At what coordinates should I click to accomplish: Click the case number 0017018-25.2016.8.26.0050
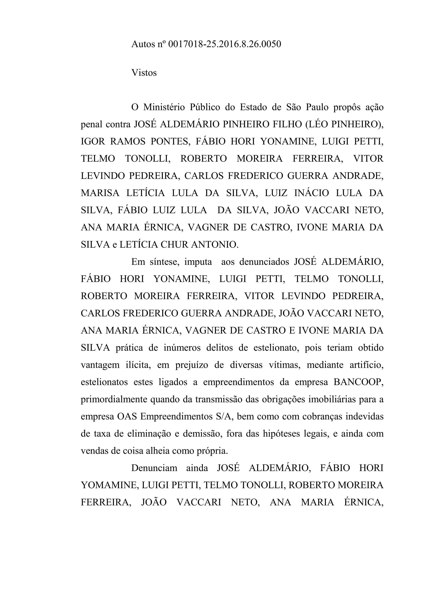coord(225,44)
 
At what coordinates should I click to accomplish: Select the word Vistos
coord(144,73)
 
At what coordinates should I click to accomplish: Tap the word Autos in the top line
coord(143,44)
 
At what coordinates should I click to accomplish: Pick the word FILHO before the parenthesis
coord(286,125)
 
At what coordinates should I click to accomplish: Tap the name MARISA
coord(100,193)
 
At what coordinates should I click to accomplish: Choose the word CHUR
coord(175,245)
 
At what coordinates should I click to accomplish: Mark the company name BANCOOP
coord(358,382)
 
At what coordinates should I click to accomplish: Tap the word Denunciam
coord(154,468)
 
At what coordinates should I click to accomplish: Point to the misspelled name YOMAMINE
coord(109,485)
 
